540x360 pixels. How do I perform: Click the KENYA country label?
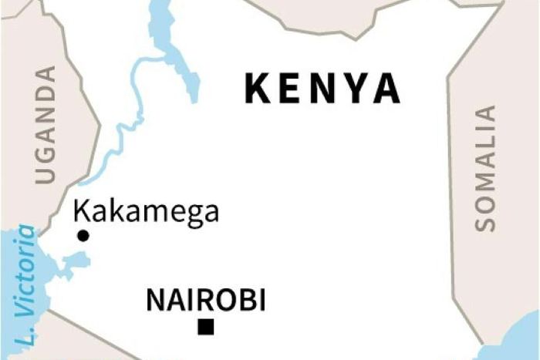tap(322, 89)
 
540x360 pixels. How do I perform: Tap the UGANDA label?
tap(46, 124)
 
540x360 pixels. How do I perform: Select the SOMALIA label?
tap(485, 168)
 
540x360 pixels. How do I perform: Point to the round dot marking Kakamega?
tap(83, 236)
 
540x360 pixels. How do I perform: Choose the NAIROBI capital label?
tap(206, 300)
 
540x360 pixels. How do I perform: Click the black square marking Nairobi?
tap(205, 328)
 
